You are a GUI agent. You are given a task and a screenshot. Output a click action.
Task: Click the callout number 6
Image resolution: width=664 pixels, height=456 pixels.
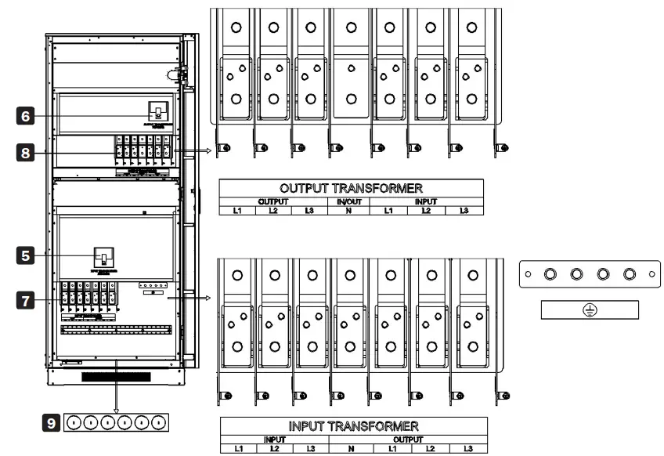click(x=27, y=115)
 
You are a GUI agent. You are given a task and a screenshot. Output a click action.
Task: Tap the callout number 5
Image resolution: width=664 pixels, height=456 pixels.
click(x=27, y=255)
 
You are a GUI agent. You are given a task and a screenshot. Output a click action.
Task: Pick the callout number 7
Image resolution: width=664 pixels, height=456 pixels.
click(x=27, y=299)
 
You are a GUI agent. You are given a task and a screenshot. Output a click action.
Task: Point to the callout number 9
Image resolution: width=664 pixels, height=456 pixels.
click(x=52, y=422)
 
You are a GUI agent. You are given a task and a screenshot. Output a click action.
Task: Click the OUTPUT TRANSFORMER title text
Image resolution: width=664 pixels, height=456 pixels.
click(x=351, y=189)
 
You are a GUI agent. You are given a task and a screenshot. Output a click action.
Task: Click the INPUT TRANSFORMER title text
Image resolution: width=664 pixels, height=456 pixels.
click(x=354, y=426)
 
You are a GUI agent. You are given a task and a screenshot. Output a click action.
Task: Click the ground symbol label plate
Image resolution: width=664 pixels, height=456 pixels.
click(x=590, y=310)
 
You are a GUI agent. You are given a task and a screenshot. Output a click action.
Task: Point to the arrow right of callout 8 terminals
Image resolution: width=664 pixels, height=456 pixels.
click(x=200, y=150)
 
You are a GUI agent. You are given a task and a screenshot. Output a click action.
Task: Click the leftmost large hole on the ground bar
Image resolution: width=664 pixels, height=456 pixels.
click(x=550, y=275)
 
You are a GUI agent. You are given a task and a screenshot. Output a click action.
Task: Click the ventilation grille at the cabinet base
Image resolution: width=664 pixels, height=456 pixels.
click(x=117, y=378)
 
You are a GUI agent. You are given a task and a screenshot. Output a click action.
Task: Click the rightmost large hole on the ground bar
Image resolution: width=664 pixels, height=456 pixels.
click(x=629, y=275)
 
